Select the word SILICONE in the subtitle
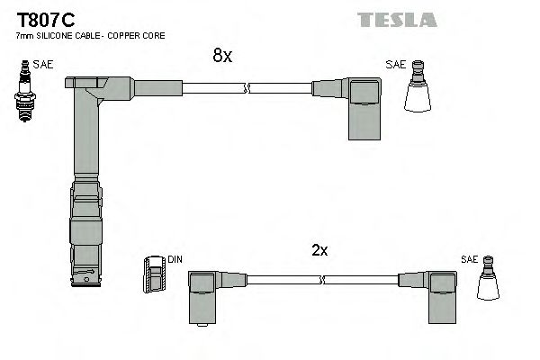tap(58, 35)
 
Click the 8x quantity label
tap(221, 56)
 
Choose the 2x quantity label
tap(319, 250)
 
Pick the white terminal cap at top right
tap(418, 92)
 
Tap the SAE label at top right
tap(395, 64)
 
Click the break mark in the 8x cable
tap(247, 88)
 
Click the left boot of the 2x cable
tap(204, 292)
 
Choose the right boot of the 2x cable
tap(440, 292)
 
